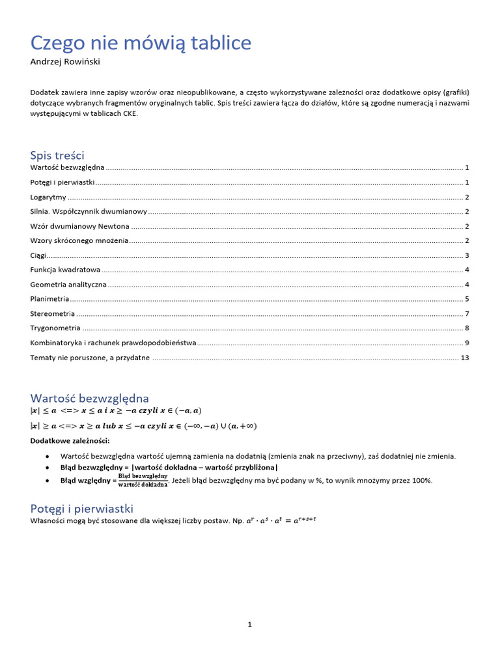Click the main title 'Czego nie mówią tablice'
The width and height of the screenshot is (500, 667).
pyautogui.click(x=141, y=43)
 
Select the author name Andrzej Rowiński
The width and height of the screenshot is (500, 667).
pyautogui.click(x=65, y=62)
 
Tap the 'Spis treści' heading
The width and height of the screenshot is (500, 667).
pyautogui.click(x=57, y=154)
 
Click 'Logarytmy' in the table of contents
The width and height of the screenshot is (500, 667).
pyautogui.click(x=48, y=197)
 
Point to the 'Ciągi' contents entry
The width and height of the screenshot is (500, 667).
pyautogui.click(x=38, y=255)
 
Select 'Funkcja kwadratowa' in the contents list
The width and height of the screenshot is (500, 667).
pyautogui.click(x=65, y=270)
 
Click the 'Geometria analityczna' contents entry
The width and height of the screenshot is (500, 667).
pyautogui.click(x=68, y=285)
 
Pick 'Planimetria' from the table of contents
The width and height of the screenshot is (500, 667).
pyautogui.click(x=49, y=299)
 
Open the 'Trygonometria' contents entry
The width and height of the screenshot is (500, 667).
pyautogui.click(x=55, y=328)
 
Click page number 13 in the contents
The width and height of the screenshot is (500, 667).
pyautogui.click(x=464, y=358)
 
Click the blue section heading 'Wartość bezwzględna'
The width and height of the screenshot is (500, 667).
pyautogui.click(x=89, y=398)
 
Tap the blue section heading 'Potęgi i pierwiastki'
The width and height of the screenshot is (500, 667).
pyautogui.click(x=81, y=508)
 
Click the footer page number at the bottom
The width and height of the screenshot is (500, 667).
pyautogui.click(x=249, y=624)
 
